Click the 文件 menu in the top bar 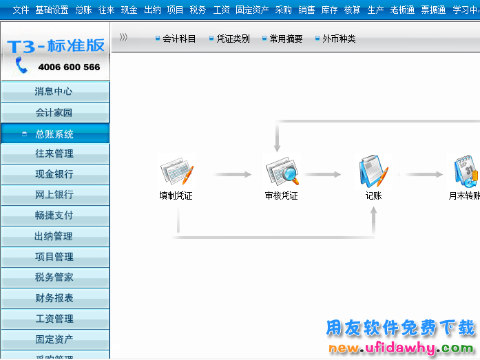click(21, 10)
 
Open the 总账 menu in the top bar click(83, 10)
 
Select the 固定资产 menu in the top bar click(252, 10)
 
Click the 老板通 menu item click(402, 10)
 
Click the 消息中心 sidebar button click(54, 92)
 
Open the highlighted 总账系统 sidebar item click(54, 134)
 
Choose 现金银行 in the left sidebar click(54, 174)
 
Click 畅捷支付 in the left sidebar click(54, 215)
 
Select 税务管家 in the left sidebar click(54, 277)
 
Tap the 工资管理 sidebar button click(54, 319)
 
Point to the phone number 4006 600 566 click(69, 67)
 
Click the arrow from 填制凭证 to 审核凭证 click(233, 175)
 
